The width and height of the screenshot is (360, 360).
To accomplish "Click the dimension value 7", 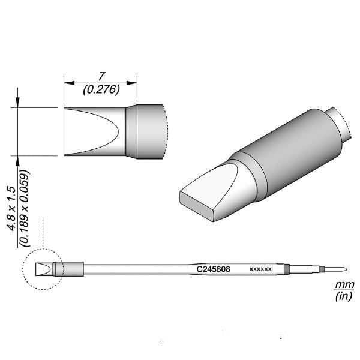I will pos(101,76).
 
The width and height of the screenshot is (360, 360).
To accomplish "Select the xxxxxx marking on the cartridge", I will pos(260,269).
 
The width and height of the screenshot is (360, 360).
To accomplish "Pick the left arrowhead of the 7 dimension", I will pos(68,83).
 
